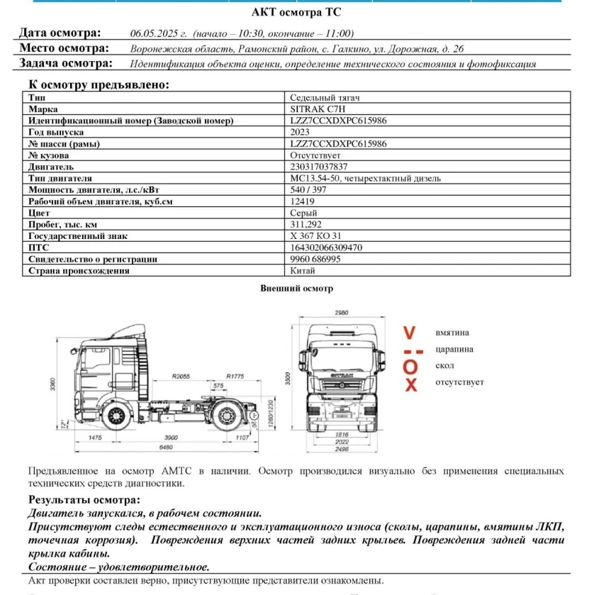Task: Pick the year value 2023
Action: pyautogui.click(x=300, y=132)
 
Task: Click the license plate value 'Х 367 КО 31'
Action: pyautogui.click(x=314, y=236)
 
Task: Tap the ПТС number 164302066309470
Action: pyautogui.click(x=327, y=248)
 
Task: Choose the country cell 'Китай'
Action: pyautogui.click(x=303, y=271)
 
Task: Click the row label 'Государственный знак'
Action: pyautogui.click(x=78, y=236)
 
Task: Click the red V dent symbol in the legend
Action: pyautogui.click(x=410, y=333)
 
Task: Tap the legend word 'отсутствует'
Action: pyautogui.click(x=459, y=382)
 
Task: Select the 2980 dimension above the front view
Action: pyautogui.click(x=341, y=312)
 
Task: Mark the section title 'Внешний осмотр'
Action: pyautogui.click(x=296, y=289)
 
